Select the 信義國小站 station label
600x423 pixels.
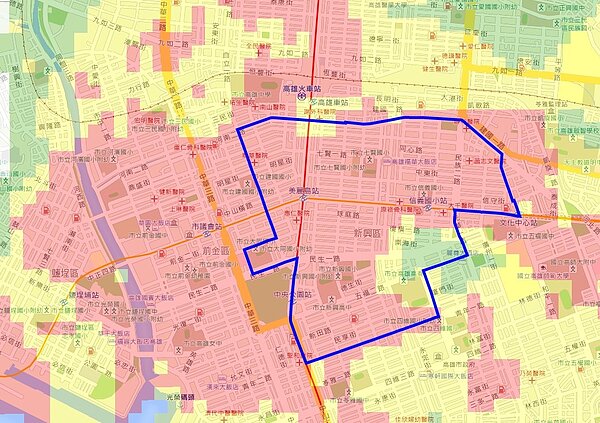pyautogui.click(x=412, y=198)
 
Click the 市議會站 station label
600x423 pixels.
pyautogui.click(x=206, y=227)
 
